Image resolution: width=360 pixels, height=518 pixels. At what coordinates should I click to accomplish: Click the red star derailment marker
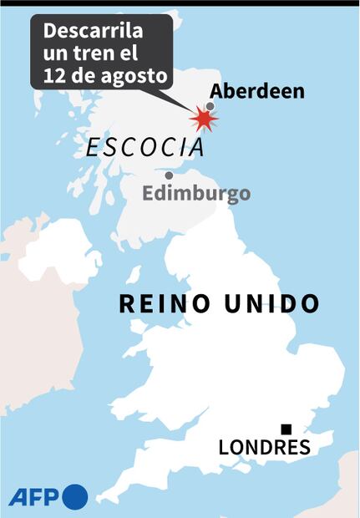click(203, 119)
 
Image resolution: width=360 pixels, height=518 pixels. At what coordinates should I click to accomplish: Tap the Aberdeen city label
click(256, 91)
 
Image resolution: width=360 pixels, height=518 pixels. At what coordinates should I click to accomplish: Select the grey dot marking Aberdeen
click(210, 106)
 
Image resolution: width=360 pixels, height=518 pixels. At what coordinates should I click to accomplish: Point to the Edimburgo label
click(196, 194)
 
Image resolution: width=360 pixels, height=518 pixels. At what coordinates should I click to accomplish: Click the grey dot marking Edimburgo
click(169, 175)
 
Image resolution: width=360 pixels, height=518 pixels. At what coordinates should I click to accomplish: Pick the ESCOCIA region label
click(145, 148)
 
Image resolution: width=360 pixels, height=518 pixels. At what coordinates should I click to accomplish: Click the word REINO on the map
click(164, 303)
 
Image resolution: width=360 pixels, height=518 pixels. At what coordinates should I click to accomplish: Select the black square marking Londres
click(286, 429)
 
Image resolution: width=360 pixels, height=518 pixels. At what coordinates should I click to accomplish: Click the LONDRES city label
click(264, 448)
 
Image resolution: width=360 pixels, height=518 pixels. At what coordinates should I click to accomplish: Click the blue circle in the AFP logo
click(74, 496)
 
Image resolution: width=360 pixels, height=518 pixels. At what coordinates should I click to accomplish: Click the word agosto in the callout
click(136, 78)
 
